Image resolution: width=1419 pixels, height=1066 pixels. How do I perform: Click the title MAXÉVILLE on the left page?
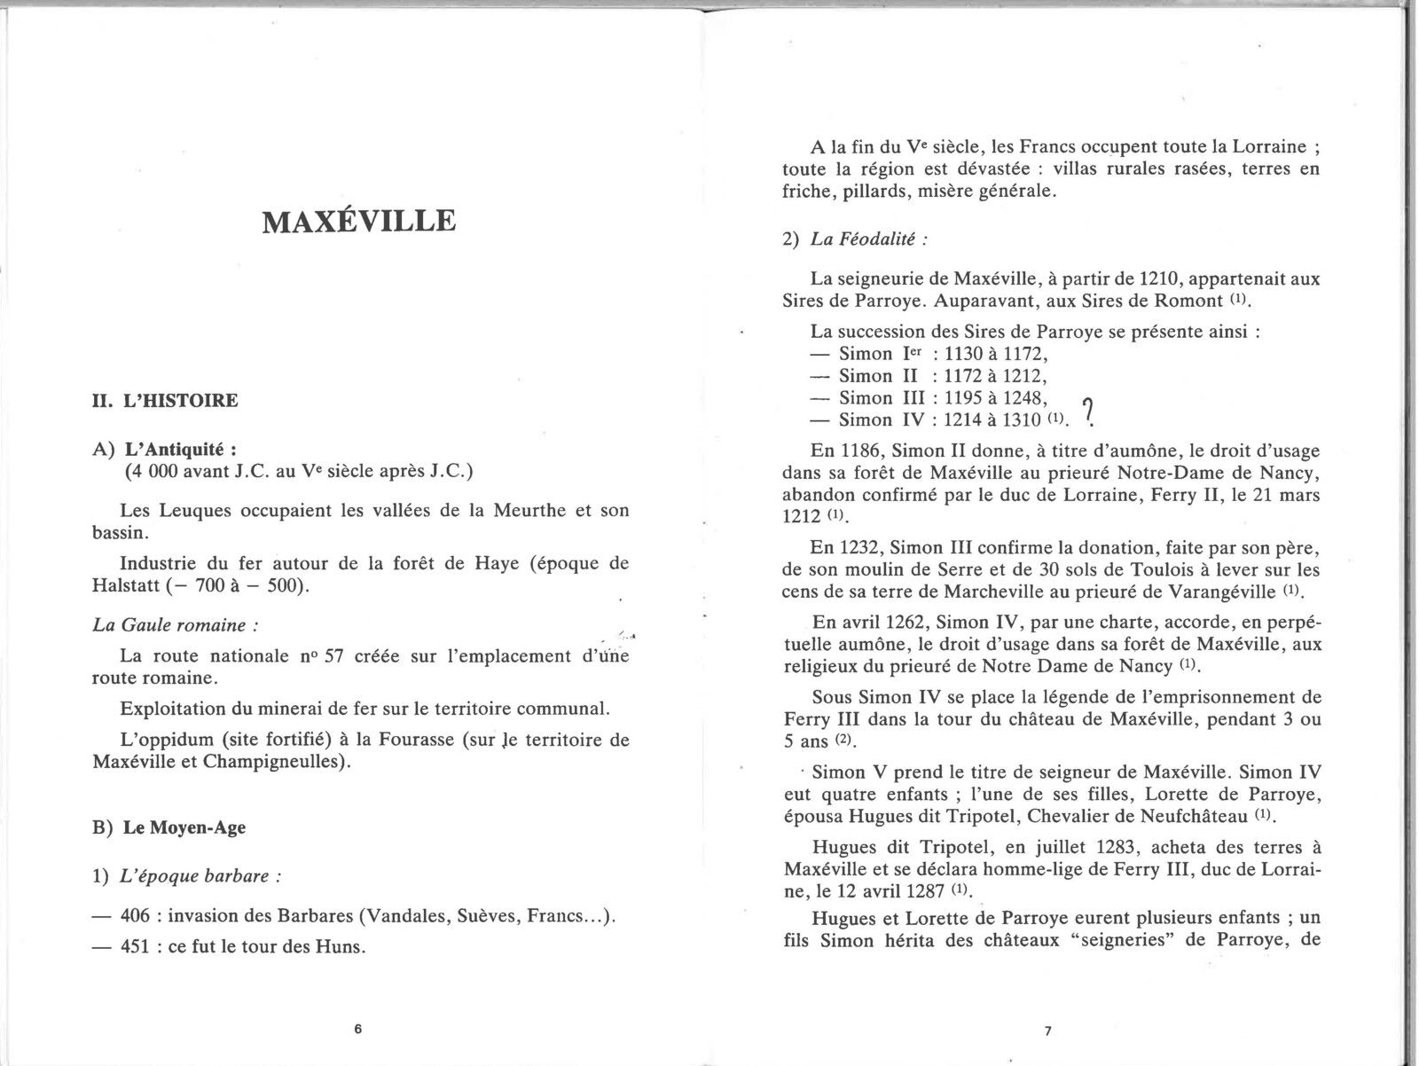[359, 221]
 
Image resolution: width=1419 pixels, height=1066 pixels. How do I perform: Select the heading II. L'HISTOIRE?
[165, 401]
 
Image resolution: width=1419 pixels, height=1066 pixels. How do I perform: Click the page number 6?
[357, 1030]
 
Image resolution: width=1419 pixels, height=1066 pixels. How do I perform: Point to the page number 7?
[1047, 1031]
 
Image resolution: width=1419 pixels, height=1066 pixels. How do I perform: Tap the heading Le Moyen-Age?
[184, 828]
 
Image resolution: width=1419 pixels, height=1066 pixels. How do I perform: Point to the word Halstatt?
[132, 587]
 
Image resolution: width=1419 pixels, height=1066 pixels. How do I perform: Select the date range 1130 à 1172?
[995, 354]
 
